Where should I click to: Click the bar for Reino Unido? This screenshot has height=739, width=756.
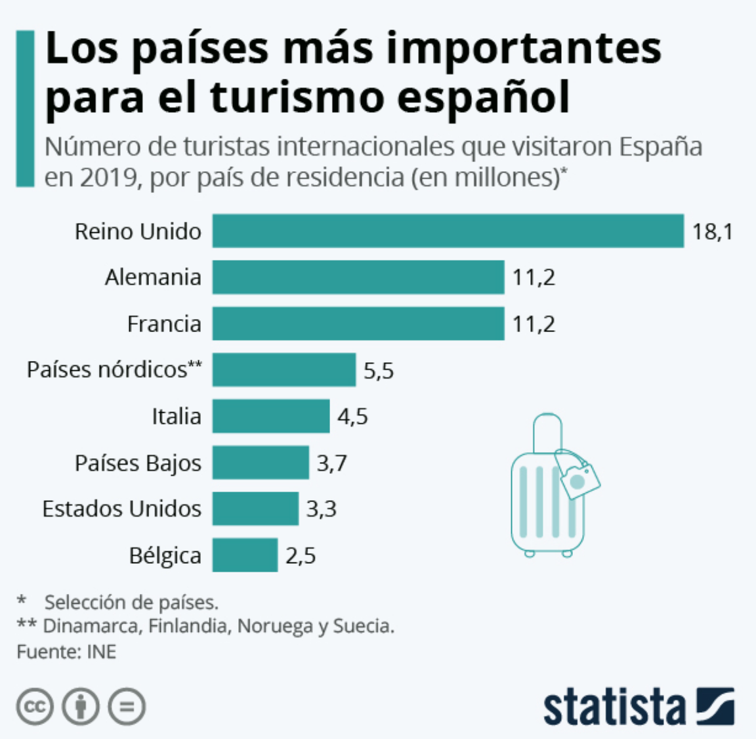click(x=448, y=231)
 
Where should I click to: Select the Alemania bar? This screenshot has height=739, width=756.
click(x=358, y=277)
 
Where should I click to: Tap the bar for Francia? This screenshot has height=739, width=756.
click(x=358, y=324)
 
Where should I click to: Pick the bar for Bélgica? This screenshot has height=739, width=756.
click(x=245, y=555)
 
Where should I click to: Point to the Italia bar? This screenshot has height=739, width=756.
click(x=270, y=416)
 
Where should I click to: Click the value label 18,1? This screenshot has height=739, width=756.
click(x=712, y=232)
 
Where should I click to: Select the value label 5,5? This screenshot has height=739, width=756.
click(x=379, y=371)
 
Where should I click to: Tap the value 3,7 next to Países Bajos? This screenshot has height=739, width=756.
click(x=331, y=463)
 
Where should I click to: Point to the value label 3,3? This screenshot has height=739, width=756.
click(x=321, y=509)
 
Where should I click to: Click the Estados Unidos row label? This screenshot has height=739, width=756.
click(x=121, y=509)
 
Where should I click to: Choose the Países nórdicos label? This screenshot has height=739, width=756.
click(x=114, y=369)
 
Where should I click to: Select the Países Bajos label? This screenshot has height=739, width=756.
click(x=138, y=463)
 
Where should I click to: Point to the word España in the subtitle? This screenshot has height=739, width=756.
click(x=661, y=146)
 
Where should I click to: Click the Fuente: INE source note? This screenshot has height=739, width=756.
click(x=66, y=652)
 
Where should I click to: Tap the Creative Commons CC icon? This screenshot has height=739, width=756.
click(x=34, y=707)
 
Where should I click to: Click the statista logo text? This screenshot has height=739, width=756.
click(x=614, y=707)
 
